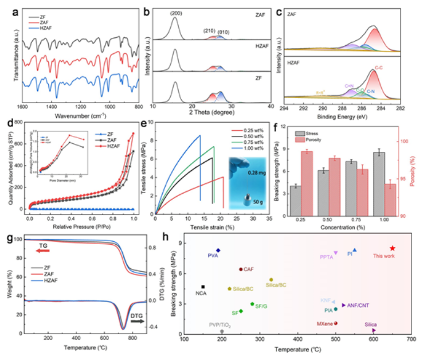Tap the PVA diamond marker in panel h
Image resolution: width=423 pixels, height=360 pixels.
coord(218,251)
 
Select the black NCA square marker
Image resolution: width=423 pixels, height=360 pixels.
coord(203,287)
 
